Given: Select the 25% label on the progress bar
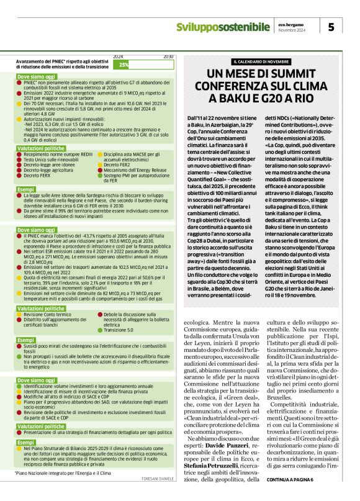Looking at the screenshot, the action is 124,65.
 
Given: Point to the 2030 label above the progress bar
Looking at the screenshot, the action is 168,56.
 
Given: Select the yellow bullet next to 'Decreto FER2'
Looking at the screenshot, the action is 99,165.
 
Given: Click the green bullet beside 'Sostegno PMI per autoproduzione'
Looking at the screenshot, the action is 99,176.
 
